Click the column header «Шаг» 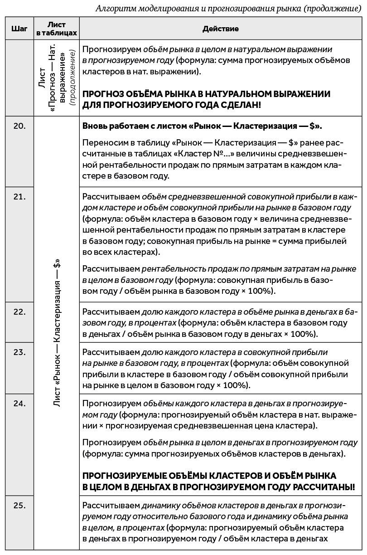(x=19, y=29)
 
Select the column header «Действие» (x=221, y=29)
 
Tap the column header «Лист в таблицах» (x=57, y=29)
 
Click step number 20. (x=19, y=126)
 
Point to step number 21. (x=19, y=196)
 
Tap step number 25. (x=19, y=505)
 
